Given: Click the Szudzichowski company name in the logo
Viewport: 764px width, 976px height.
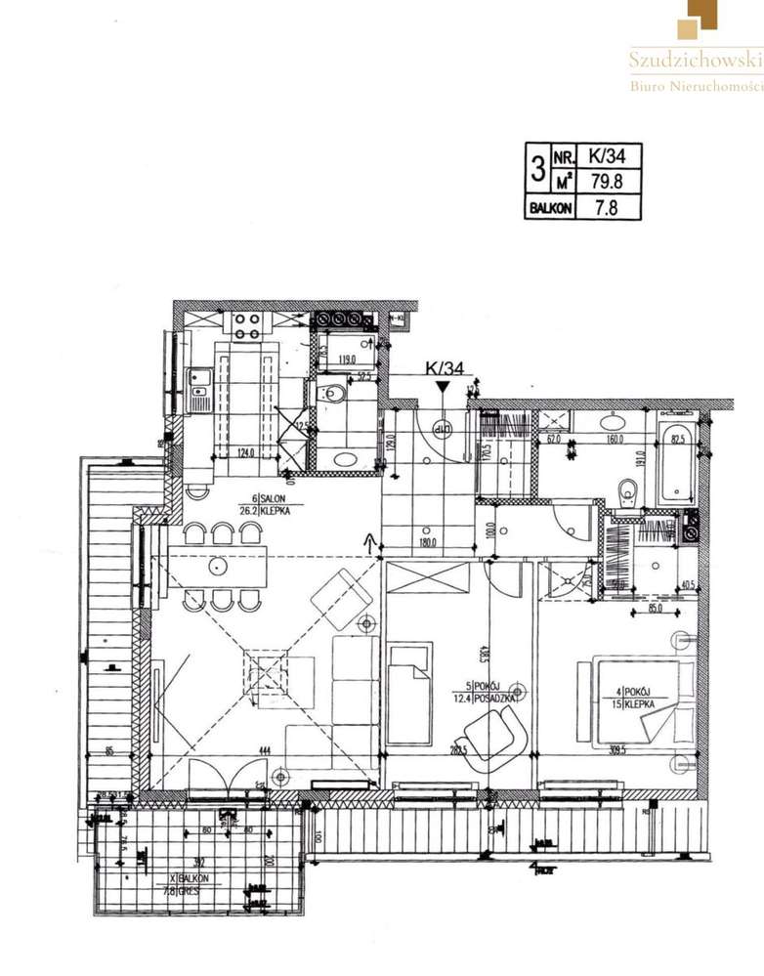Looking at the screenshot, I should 694,60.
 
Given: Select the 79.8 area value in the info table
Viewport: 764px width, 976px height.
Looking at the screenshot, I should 607,180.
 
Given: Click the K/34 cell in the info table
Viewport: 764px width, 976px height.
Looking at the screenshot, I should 607,155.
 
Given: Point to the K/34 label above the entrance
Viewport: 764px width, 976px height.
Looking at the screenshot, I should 443,368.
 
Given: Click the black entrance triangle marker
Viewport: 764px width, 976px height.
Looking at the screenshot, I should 443,387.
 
